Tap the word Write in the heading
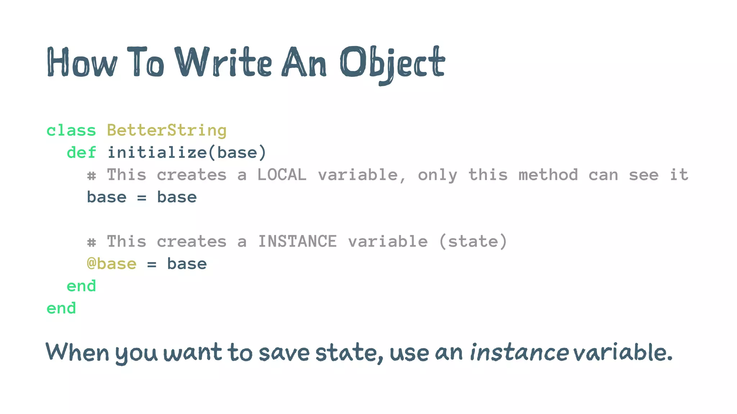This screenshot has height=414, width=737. click(223, 62)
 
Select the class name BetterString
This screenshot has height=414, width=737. click(167, 130)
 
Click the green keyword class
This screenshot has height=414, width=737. click(71, 130)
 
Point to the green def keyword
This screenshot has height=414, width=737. click(81, 152)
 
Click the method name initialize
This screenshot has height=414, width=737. click(157, 152)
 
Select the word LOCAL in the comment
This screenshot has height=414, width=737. click(282, 175)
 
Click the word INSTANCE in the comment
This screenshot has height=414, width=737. click(297, 241)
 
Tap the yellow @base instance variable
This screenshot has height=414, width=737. click(112, 264)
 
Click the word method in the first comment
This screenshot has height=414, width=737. click(548, 175)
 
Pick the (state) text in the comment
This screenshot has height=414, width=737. click(473, 241)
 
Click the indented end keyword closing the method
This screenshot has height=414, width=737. click(81, 286)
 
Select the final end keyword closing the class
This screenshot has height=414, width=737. click(61, 308)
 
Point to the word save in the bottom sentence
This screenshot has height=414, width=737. click(284, 352)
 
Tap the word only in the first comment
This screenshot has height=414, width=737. click(437, 175)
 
